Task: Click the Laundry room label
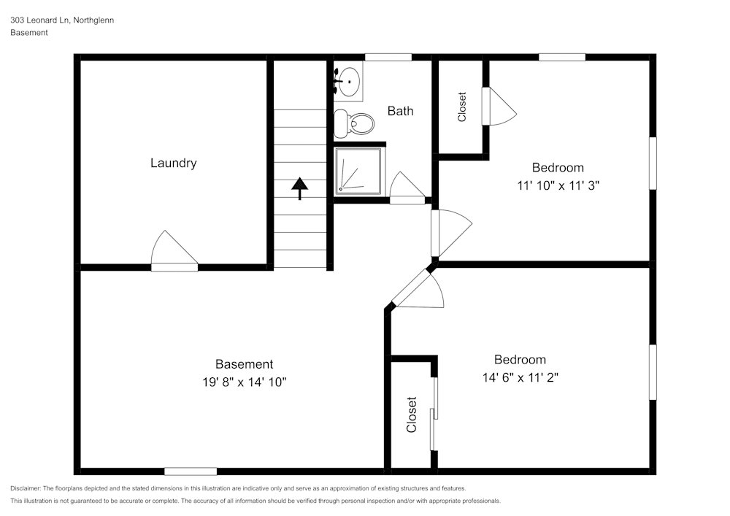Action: point(173,163)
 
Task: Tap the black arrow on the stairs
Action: point(299,188)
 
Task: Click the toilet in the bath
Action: point(352,124)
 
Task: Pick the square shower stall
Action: point(358,171)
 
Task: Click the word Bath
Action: point(400,111)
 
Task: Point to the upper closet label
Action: point(461,107)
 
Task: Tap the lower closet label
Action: point(412,415)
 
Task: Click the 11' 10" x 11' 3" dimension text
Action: point(558,185)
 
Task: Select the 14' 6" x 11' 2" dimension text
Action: point(520,377)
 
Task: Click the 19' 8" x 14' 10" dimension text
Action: point(244,382)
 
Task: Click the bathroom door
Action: point(405,188)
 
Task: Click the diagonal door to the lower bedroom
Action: point(418,290)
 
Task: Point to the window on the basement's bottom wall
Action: point(191,471)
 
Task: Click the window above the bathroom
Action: point(388,57)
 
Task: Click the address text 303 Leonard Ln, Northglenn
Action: point(62,20)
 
